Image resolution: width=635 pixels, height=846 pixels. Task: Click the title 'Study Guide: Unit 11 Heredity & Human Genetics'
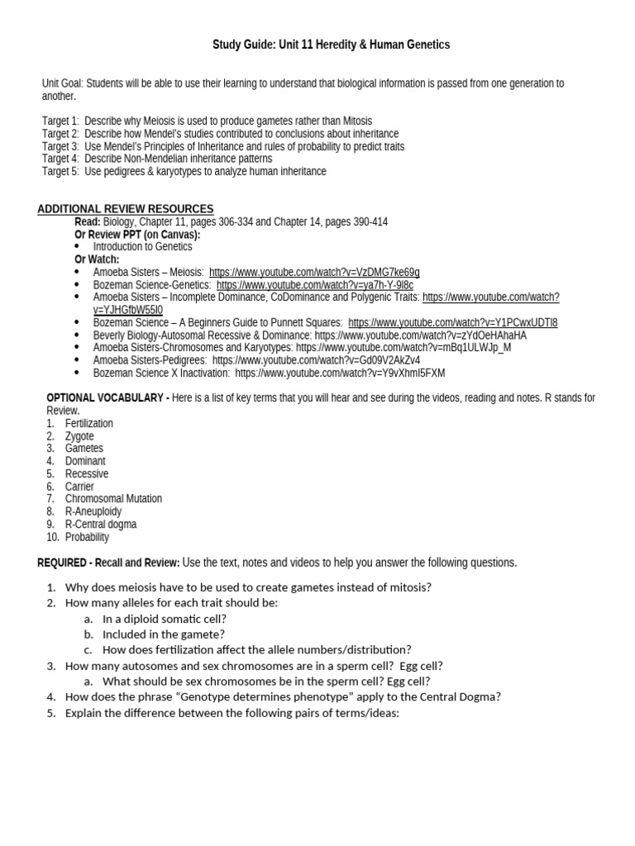[332, 45]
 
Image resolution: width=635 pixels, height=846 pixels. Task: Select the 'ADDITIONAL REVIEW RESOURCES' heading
[125, 209]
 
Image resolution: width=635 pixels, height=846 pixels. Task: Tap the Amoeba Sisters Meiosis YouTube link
[314, 272]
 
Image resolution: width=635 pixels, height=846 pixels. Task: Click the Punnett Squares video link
[452, 322]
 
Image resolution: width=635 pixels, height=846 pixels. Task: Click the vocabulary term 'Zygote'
[79, 436]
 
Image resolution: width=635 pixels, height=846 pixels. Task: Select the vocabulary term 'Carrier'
[79, 487]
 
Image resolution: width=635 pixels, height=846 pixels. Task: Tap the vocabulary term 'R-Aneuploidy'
[93, 511]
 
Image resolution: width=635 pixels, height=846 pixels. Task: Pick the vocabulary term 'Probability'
[87, 537]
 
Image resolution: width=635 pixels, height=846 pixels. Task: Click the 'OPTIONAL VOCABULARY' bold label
[104, 398]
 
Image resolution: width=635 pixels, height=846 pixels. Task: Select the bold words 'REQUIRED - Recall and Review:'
[108, 563]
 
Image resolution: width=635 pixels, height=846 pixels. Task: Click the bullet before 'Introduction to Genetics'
[78, 247]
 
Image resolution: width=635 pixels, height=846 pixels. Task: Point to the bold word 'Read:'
[88, 222]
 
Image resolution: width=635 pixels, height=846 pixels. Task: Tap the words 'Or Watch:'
[97, 259]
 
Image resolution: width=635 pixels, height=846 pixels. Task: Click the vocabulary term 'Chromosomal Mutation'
[113, 499]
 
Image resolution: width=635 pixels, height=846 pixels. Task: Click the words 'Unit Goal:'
[62, 83]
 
